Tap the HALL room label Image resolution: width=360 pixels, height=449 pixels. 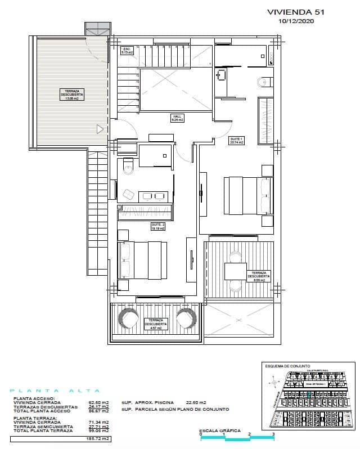(178, 118)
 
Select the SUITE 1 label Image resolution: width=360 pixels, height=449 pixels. (237, 141)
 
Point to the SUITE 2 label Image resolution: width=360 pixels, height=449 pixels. (157, 227)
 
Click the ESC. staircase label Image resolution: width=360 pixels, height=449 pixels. (127, 50)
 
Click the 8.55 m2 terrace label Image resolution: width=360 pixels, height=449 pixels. (258, 275)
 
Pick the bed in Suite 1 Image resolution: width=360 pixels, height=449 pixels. (247, 195)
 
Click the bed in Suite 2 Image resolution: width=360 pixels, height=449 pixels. (143, 260)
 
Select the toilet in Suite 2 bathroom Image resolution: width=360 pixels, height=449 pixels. (127, 166)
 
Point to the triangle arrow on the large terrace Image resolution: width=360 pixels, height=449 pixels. (100, 129)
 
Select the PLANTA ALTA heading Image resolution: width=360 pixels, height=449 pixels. (55, 390)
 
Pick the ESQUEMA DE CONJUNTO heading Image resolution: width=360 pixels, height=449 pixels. (287, 366)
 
